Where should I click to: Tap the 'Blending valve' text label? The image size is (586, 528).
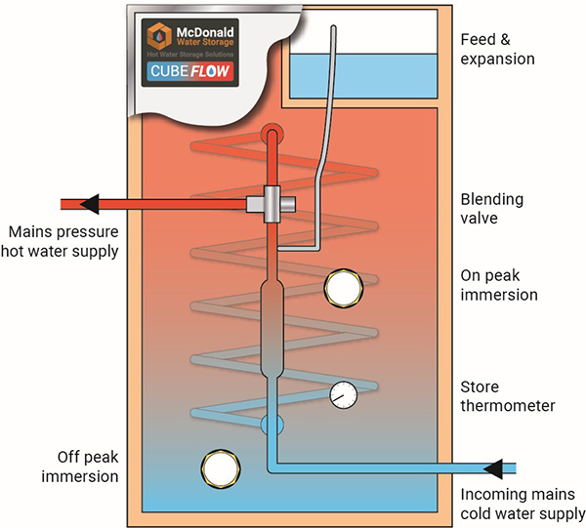(492, 209)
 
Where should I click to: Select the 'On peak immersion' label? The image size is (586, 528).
(501, 285)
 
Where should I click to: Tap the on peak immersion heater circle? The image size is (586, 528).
(344, 286)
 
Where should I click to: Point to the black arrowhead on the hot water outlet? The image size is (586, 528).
(89, 203)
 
